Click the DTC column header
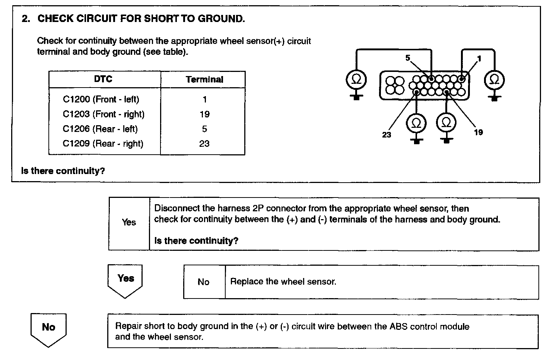(103, 79)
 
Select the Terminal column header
(204, 79)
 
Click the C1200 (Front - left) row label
(101, 100)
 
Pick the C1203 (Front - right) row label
(104, 114)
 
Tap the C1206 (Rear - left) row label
(100, 129)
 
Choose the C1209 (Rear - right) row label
(103, 143)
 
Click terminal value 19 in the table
(204, 114)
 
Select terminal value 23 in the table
(204, 143)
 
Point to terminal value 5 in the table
(204, 129)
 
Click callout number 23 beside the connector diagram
(386, 135)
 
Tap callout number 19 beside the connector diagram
(478, 132)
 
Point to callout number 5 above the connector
(408, 58)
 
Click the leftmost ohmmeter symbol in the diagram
(356, 79)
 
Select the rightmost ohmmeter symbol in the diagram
(494, 79)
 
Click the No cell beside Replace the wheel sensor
(204, 282)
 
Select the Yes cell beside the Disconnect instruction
(129, 222)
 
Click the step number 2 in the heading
(26, 19)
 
